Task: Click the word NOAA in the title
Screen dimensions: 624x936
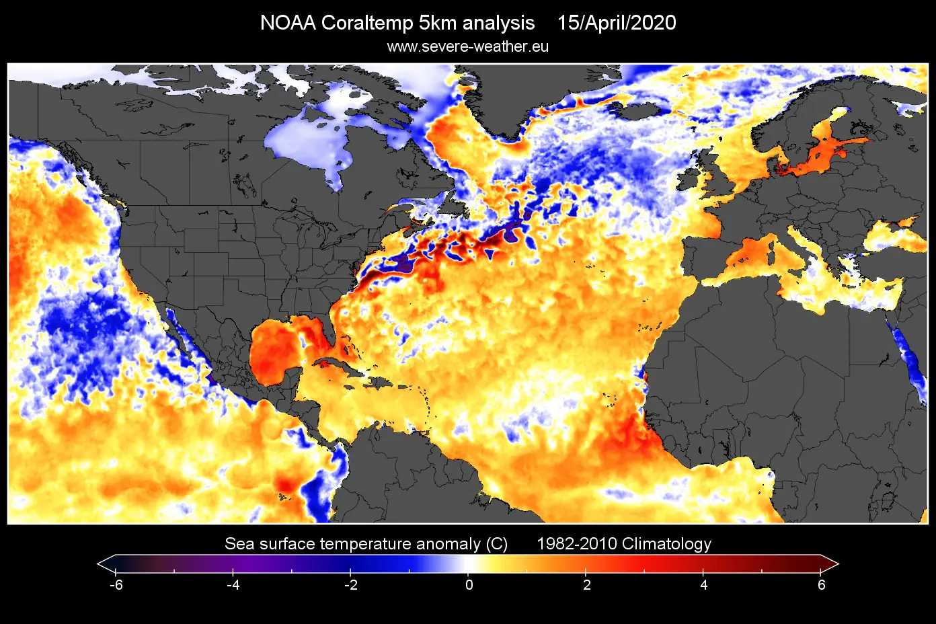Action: tap(288, 23)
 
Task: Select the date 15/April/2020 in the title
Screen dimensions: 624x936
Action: tap(617, 23)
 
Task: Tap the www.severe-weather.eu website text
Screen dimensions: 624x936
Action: tap(468, 47)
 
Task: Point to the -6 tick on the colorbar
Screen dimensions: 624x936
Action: tap(116, 585)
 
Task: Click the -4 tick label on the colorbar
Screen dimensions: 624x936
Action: tap(233, 585)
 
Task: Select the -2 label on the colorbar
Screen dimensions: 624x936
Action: tap(351, 585)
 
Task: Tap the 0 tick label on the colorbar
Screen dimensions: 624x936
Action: tap(469, 585)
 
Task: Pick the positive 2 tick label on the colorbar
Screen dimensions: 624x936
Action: tap(586, 585)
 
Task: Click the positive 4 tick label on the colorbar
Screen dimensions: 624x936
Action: tap(704, 585)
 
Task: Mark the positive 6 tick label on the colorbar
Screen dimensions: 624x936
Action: tap(822, 585)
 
